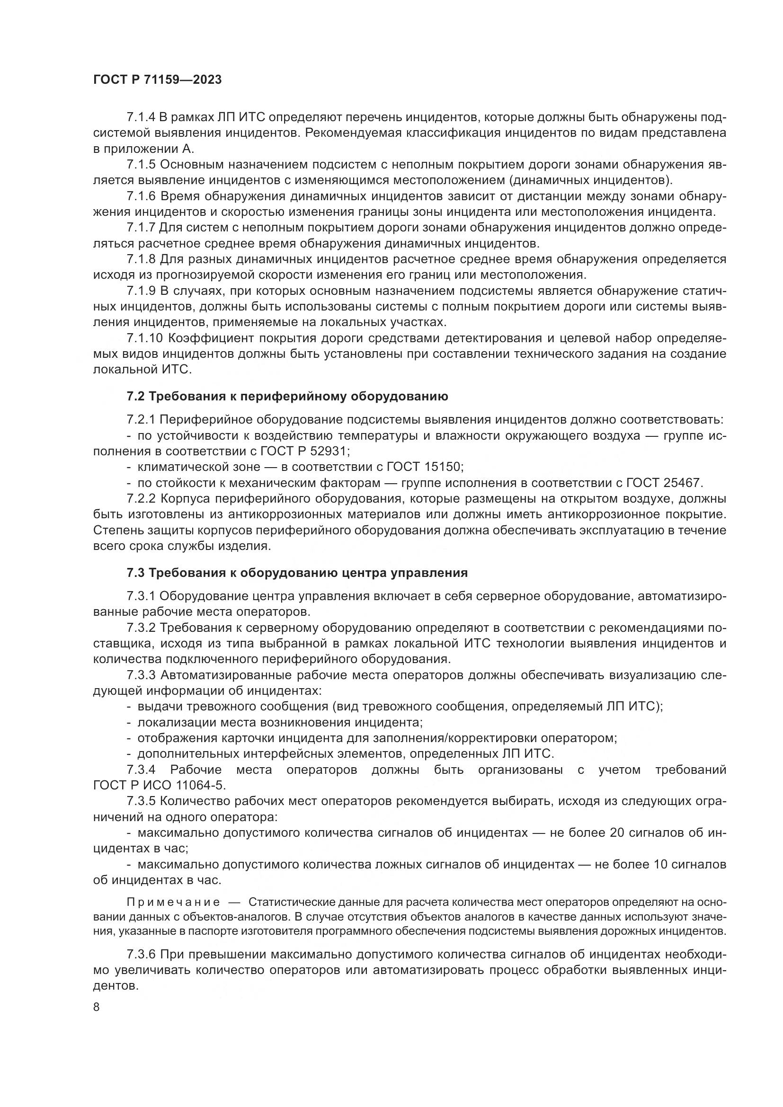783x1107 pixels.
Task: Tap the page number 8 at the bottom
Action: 97,1007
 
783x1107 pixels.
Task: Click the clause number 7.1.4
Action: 141,117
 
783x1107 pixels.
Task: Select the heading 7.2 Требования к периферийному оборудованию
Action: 287,396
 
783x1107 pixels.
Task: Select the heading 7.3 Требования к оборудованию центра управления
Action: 297,573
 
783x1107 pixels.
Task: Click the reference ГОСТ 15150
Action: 425,467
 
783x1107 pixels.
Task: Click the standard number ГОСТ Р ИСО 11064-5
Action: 159,786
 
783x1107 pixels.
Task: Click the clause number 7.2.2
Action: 141,498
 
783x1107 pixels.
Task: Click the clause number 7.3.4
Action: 141,770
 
